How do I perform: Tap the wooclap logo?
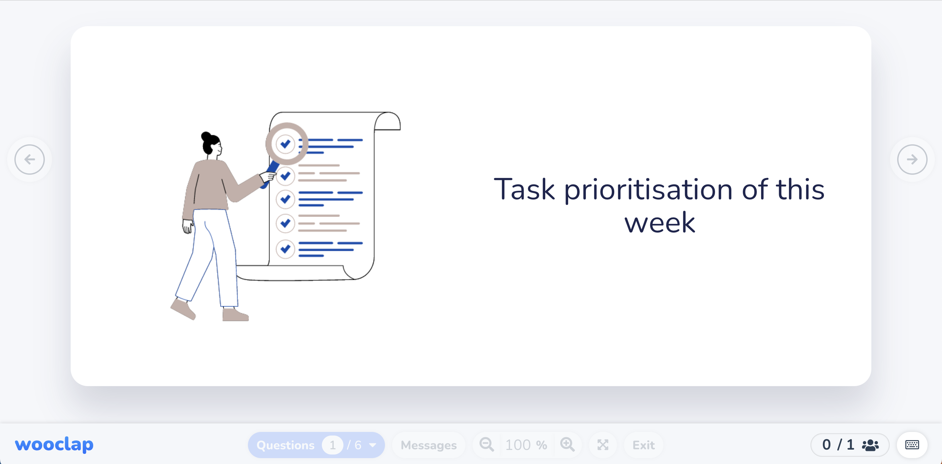tap(54, 444)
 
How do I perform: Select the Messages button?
tap(428, 445)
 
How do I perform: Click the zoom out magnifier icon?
tap(486, 445)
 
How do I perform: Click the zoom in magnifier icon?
tap(567, 445)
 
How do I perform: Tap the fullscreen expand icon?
tap(602, 445)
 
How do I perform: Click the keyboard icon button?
tap(912, 445)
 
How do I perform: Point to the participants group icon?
tap(870, 445)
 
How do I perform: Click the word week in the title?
tap(659, 223)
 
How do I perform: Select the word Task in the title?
tap(524, 189)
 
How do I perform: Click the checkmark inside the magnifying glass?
tap(286, 143)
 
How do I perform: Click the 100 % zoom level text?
tap(526, 445)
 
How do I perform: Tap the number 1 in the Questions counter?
tap(332, 445)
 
